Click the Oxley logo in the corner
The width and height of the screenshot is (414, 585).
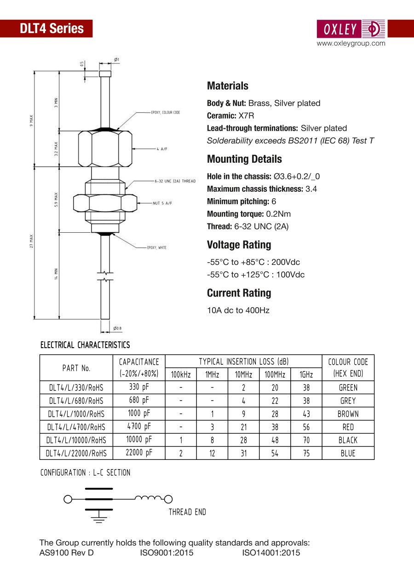[x=351, y=29]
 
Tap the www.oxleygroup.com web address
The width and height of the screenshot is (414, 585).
[x=351, y=44]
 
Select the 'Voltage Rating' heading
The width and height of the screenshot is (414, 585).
[x=239, y=245]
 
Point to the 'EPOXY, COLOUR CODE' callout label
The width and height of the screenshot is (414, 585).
[x=165, y=113]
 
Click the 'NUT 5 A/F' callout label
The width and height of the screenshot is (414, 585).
[x=162, y=203]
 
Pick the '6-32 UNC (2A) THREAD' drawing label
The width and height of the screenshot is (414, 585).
[x=175, y=181]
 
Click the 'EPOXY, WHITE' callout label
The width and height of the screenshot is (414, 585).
[x=156, y=248]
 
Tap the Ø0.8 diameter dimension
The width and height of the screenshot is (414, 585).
[x=117, y=328]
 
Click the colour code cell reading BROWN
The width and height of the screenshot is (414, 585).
[x=348, y=414]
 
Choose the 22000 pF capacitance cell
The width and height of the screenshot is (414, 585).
[x=139, y=453]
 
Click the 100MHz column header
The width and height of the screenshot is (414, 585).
[x=275, y=375]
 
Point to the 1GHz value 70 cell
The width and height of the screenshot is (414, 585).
[x=306, y=440]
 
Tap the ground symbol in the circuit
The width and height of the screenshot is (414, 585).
[x=98, y=519]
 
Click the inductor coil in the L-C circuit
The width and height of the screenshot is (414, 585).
[x=149, y=498]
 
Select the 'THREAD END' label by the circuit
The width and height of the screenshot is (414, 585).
[x=187, y=512]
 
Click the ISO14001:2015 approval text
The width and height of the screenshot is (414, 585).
[x=271, y=553]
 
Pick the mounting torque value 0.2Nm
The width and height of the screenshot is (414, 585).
[x=278, y=214]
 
